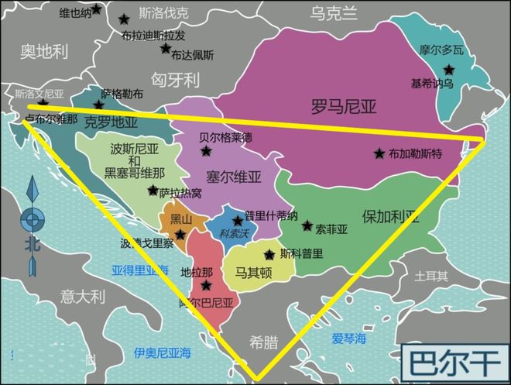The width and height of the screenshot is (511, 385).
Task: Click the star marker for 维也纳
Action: tap(96, 9)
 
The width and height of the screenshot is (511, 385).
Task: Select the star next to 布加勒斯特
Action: tap(379, 153)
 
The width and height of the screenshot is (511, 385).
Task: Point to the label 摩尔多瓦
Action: tap(441, 50)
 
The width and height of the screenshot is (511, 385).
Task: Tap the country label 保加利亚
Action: tap(391, 215)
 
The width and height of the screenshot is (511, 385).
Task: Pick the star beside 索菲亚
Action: tap(307, 227)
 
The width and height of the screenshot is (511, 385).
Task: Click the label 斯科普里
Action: tap(302, 253)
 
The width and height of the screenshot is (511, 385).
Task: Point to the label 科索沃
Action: tap(234, 232)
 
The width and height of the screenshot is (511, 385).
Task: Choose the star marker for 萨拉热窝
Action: tap(153, 191)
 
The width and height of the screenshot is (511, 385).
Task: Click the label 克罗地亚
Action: tap(111, 122)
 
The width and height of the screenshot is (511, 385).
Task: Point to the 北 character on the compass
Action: tap(32, 244)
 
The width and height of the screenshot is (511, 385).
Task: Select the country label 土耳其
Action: tap(431, 276)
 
